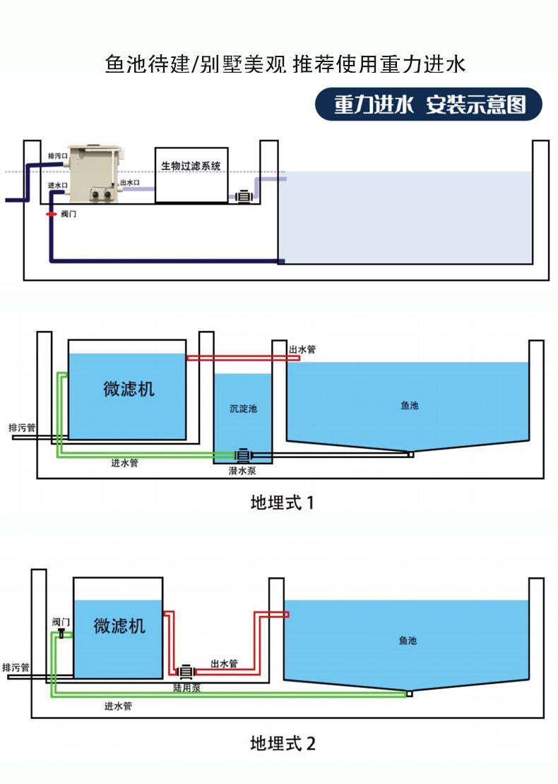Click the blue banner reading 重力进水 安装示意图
click(x=429, y=105)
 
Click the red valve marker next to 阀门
click(x=51, y=213)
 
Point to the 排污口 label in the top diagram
click(x=57, y=155)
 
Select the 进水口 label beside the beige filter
click(x=57, y=186)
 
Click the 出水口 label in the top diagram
click(x=130, y=183)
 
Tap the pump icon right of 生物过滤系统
click(x=244, y=196)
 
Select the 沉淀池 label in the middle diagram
click(x=243, y=409)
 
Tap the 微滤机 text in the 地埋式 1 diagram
click(x=128, y=389)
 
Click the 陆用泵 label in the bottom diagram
click(x=186, y=687)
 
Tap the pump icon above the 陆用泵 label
click(x=186, y=671)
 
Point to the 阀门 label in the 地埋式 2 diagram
click(x=61, y=622)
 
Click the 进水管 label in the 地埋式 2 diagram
click(x=118, y=706)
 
